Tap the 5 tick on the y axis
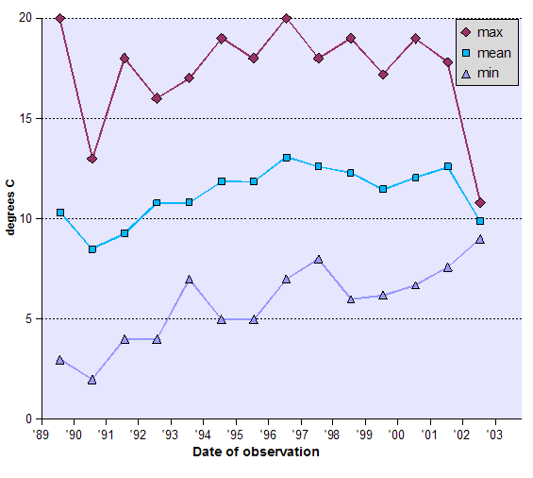28,319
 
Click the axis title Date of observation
256,452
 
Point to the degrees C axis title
10,218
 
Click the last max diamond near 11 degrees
480,202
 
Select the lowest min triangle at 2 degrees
92,380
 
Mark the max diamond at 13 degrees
92,159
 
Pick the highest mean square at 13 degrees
286,158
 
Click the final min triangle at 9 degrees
480,239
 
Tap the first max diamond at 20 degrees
60,19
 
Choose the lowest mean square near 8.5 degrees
92,249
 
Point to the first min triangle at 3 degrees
60,360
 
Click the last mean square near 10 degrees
480,221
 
